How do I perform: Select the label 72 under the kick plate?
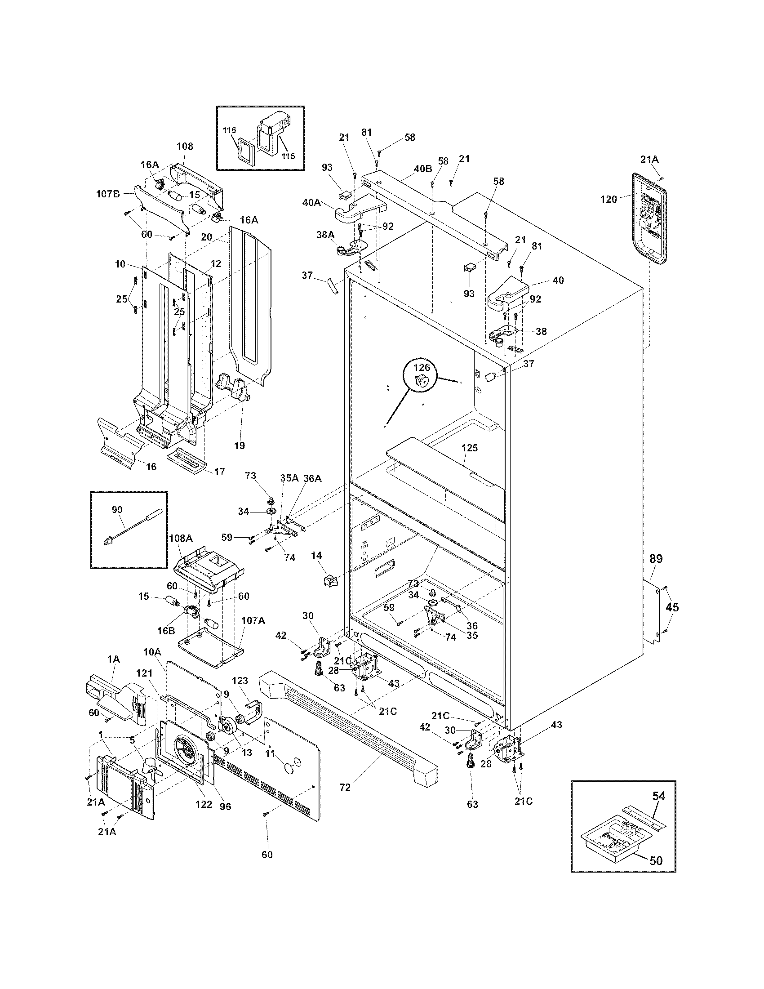tap(345, 788)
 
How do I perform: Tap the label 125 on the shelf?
tap(469, 448)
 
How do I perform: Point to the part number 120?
tap(609, 199)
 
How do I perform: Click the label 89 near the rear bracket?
tap(656, 559)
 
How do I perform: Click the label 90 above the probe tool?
tap(117, 509)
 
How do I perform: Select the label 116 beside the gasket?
tap(230, 130)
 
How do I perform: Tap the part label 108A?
tap(181, 538)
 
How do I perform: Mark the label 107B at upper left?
tap(108, 194)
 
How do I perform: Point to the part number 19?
tap(240, 445)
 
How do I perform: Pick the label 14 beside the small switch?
tap(316, 555)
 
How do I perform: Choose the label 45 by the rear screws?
tap(672, 607)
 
